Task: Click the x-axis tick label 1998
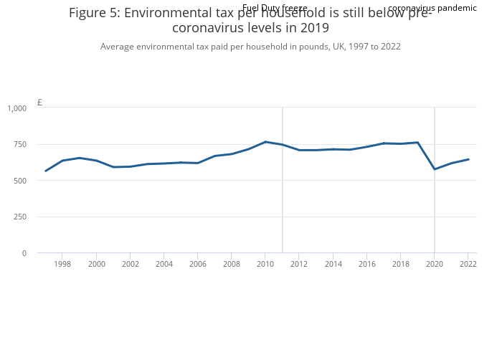(62, 265)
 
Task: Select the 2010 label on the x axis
(265, 265)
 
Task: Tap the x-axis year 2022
(468, 265)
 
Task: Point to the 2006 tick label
(198, 265)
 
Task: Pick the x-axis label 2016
(366, 265)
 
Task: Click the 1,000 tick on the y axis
(17, 108)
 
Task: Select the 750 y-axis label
(19, 145)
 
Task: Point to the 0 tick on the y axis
(24, 253)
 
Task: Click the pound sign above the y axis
(39, 103)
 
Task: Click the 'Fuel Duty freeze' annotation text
(275, 8)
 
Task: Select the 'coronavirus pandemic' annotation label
(432, 8)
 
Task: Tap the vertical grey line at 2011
(283, 179)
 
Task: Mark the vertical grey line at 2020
(435, 179)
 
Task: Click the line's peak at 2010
(265, 142)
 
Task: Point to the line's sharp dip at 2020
(435, 169)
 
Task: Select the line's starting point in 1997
(45, 171)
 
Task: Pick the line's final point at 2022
(468, 159)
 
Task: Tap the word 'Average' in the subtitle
(118, 47)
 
